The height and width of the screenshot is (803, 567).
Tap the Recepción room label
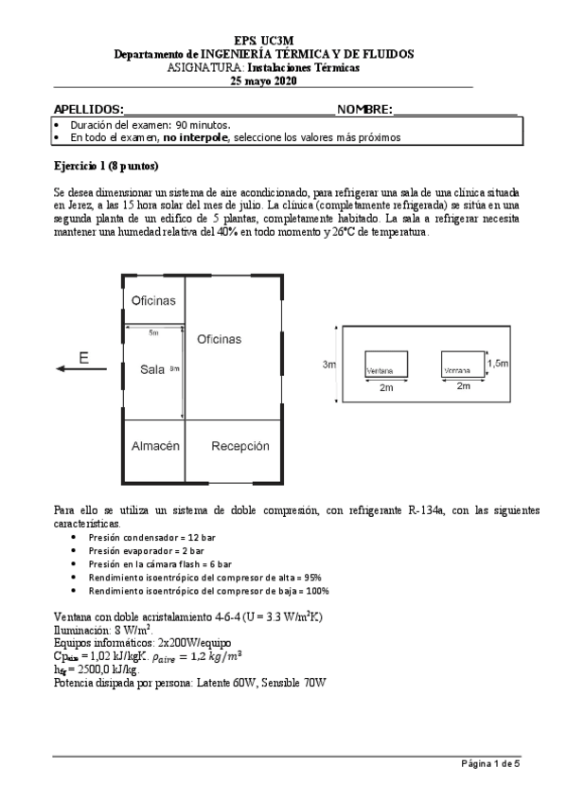(x=239, y=445)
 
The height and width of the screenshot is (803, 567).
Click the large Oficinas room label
(x=219, y=338)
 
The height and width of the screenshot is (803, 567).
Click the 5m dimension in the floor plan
(x=153, y=332)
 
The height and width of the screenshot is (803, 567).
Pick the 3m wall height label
(x=328, y=364)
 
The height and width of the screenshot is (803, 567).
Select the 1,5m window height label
(x=497, y=363)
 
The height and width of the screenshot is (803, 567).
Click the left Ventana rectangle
(x=386, y=364)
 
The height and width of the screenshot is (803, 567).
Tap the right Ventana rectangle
(x=461, y=364)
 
